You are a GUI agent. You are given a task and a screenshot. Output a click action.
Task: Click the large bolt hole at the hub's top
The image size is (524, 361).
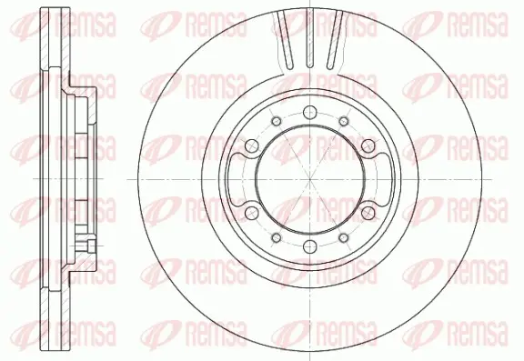(x=310, y=112)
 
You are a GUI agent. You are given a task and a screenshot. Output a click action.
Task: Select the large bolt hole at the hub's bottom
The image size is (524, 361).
(x=310, y=246)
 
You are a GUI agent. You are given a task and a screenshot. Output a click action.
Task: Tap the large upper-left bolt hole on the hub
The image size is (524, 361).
(x=252, y=145)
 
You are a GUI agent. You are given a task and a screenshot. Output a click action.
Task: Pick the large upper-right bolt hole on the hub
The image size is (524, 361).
(x=368, y=145)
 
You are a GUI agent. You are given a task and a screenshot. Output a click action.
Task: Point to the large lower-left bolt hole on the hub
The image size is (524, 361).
(x=252, y=213)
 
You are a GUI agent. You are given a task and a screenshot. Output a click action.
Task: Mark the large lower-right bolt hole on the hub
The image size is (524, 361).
(x=368, y=213)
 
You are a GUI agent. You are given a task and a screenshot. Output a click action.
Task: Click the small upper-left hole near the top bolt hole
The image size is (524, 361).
(x=277, y=121)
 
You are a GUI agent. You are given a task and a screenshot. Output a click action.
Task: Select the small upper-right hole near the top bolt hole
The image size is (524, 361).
(x=344, y=121)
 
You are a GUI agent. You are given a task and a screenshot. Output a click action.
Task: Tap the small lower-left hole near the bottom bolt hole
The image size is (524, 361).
(x=277, y=237)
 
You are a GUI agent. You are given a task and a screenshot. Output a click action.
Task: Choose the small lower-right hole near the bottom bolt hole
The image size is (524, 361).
(x=344, y=237)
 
